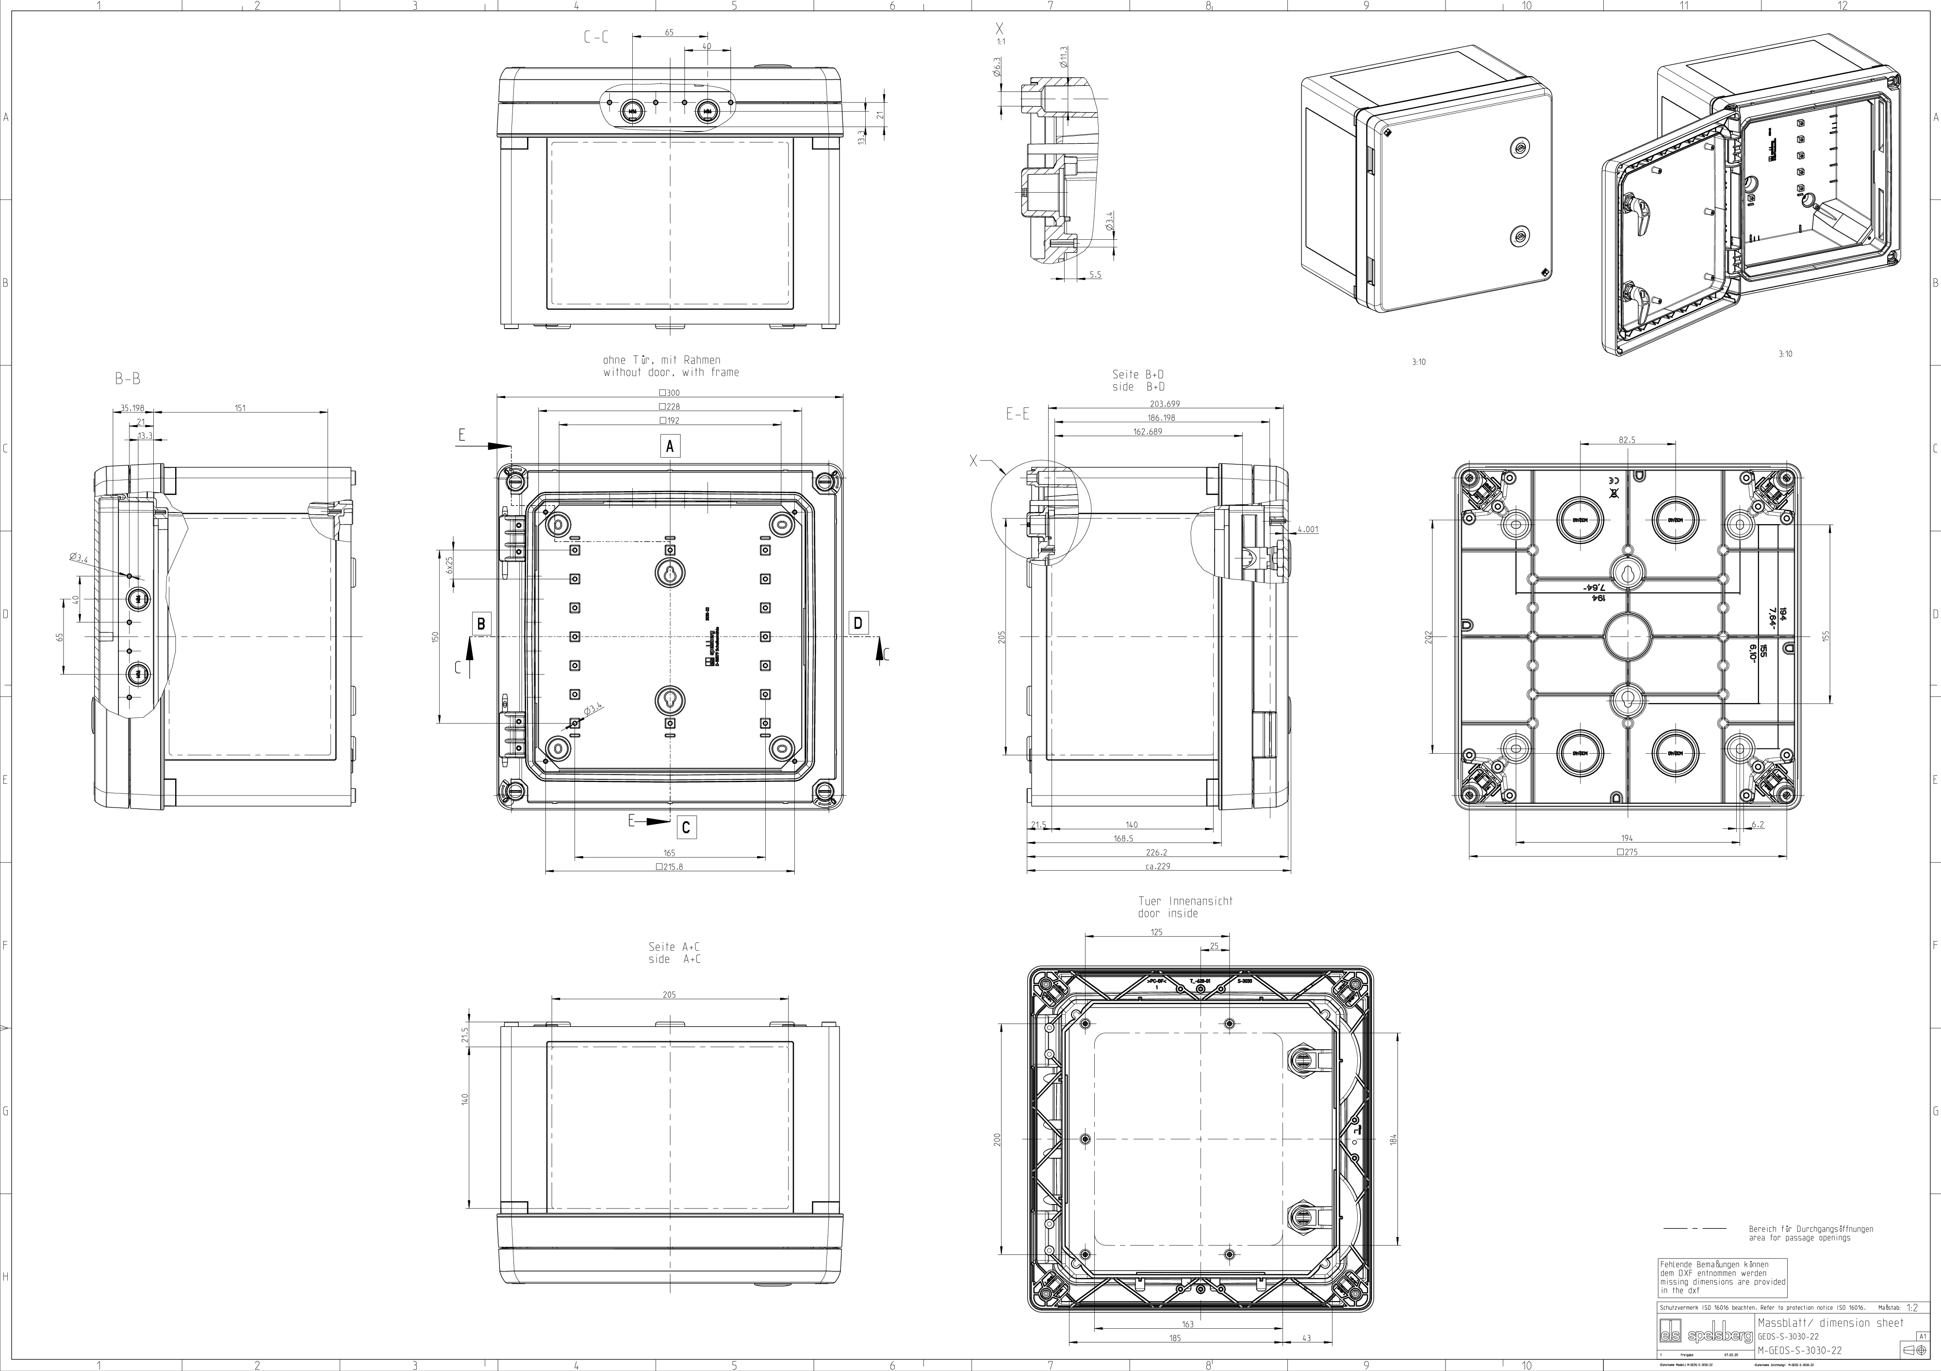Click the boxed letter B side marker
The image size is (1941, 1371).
(481, 624)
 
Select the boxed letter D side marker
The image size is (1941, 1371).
(858, 624)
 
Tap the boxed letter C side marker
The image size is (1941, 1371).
(686, 827)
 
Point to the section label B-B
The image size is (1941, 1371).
(128, 380)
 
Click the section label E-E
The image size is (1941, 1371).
(1018, 414)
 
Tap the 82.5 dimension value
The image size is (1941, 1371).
(1627, 440)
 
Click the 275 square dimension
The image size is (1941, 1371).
(1627, 852)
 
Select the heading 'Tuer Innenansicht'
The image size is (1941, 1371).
(1185, 901)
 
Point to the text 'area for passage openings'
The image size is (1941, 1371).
(1799, 1262)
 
